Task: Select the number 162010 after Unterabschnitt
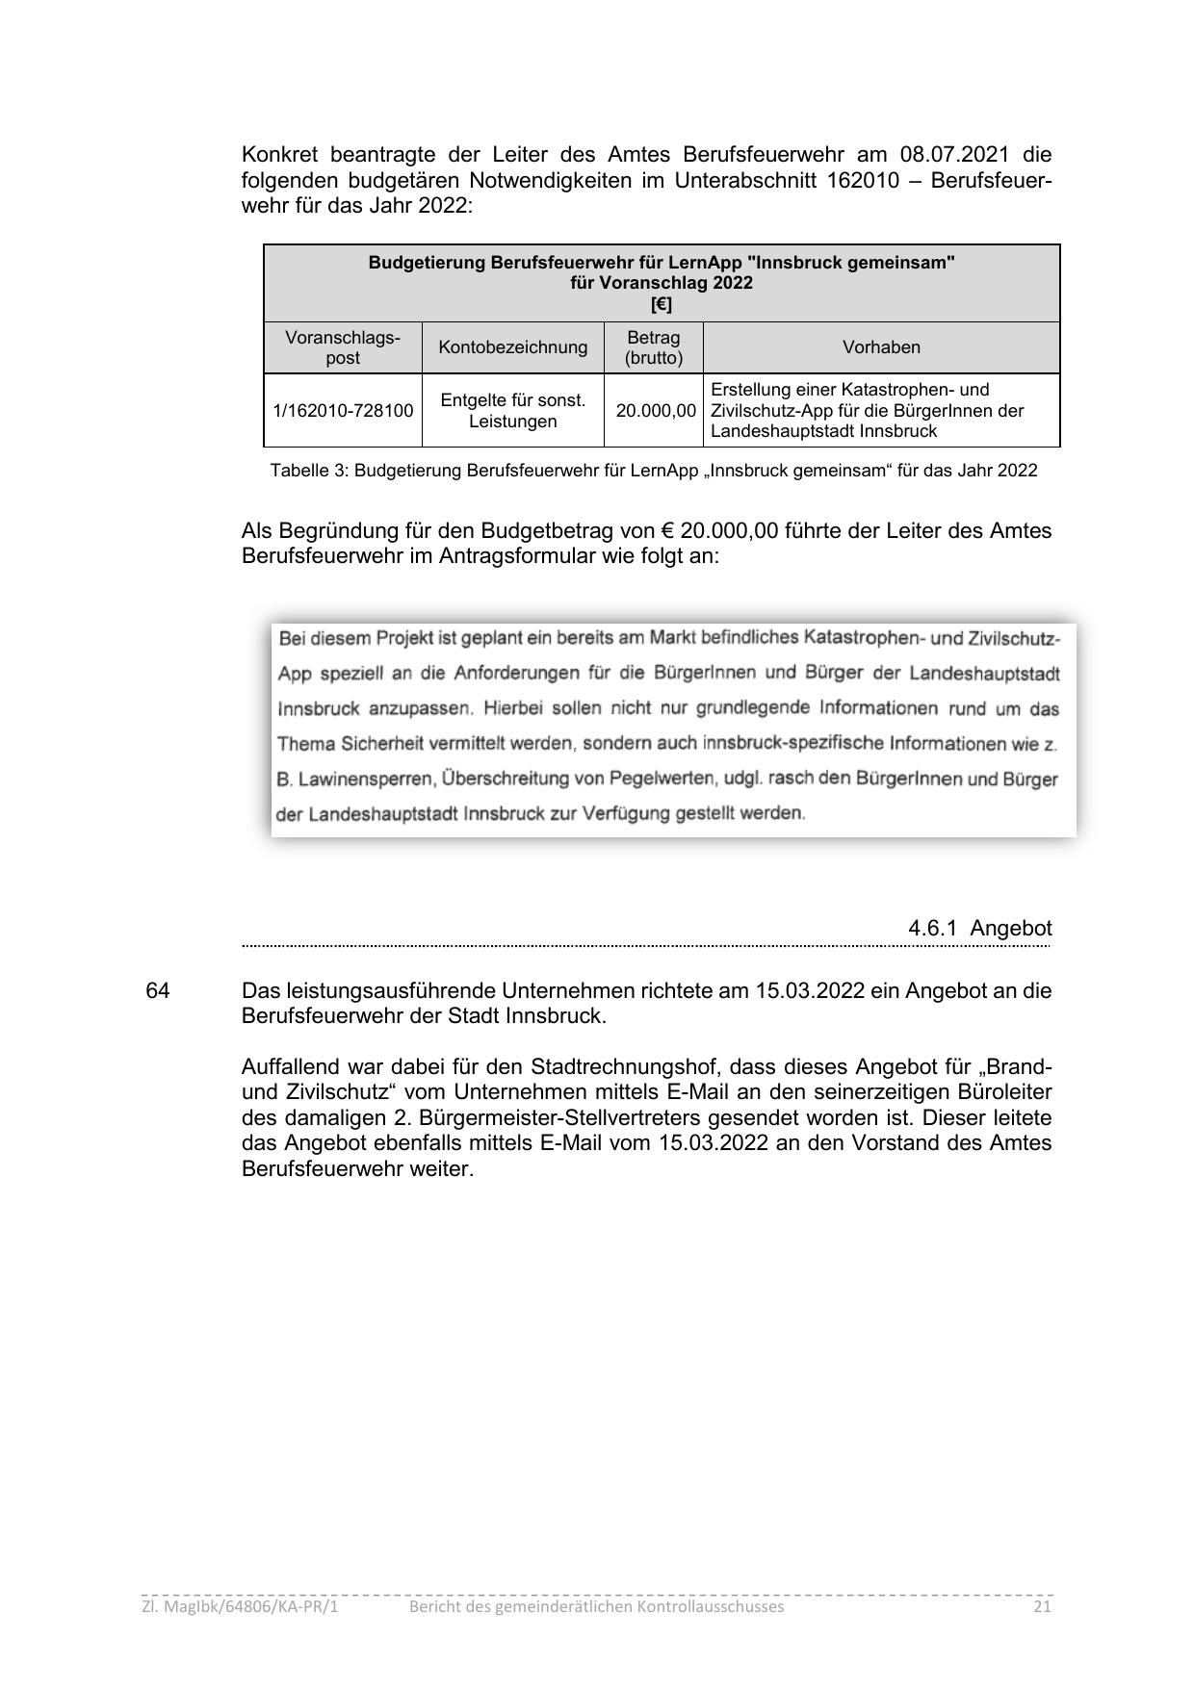862,181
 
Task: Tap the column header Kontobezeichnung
512,347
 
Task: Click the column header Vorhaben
881,347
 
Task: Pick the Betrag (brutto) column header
653,347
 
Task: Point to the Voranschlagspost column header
343,347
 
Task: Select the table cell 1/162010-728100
343,411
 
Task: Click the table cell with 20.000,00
655,411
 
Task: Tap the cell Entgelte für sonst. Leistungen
512,411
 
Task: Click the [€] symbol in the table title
662,305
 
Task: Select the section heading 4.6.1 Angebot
979,929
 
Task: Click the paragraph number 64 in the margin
157,990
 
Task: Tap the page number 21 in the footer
1042,1606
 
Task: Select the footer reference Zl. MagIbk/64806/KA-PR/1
240,1606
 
